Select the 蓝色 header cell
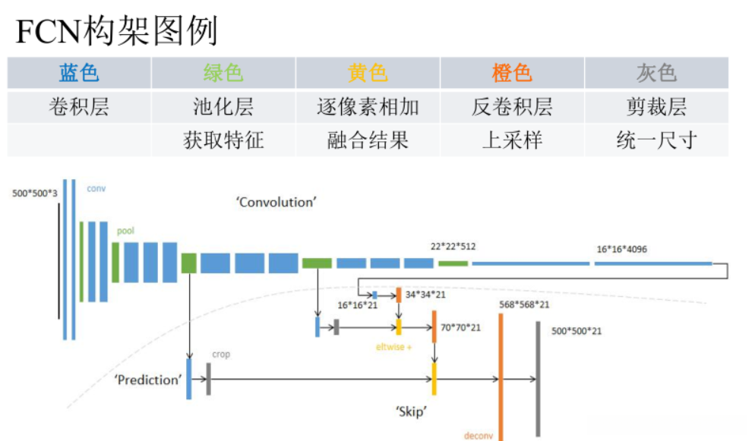tap(79, 73)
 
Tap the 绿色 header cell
tap(223, 73)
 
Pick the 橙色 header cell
tap(512, 73)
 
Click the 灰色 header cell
tap(656, 73)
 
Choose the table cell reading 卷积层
tap(79, 107)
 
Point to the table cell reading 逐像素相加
tap(368, 107)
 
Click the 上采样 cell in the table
tap(512, 140)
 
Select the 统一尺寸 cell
tap(656, 140)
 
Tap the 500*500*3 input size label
tap(34, 194)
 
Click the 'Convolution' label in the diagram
tap(275, 202)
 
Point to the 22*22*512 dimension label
tap(453, 247)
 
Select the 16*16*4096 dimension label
tap(622, 249)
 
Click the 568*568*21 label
tap(524, 304)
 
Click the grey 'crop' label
tap(221, 354)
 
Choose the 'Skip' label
tap(411, 411)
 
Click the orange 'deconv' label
tap(479, 436)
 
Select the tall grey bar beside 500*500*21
tap(538, 380)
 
